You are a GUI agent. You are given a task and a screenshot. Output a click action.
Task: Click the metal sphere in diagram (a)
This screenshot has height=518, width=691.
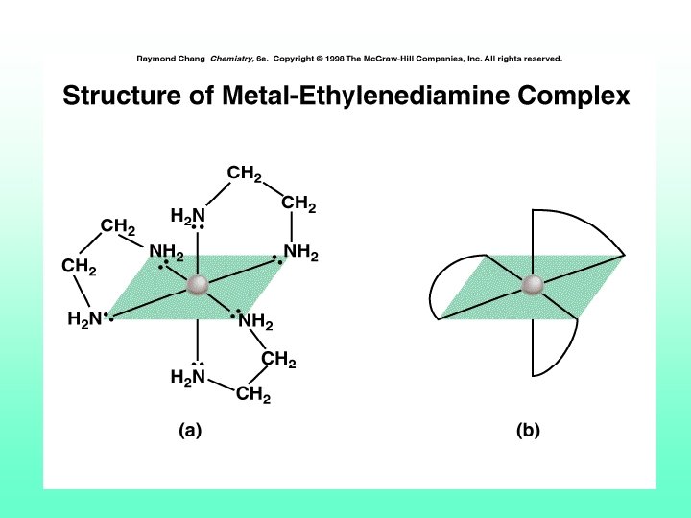(198, 285)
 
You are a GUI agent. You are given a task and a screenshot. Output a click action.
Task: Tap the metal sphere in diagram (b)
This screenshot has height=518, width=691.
(532, 285)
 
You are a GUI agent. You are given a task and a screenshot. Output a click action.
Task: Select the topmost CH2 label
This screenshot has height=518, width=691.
(245, 174)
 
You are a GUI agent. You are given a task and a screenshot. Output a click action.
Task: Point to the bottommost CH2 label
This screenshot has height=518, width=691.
(252, 394)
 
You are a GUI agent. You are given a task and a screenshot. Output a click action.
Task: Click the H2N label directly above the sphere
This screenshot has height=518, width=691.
(187, 214)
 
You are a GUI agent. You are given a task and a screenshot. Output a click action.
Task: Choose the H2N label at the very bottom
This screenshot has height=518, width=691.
(187, 377)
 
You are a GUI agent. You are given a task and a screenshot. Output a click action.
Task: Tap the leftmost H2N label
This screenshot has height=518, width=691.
(84, 320)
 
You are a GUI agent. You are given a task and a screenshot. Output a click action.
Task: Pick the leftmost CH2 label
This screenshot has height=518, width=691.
(80, 266)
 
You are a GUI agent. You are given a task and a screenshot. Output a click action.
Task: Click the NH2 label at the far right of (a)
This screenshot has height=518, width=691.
(300, 252)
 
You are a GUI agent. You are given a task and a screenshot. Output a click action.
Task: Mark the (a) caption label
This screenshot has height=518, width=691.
(190, 431)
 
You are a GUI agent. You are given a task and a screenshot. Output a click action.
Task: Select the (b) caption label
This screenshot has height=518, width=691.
(528, 431)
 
